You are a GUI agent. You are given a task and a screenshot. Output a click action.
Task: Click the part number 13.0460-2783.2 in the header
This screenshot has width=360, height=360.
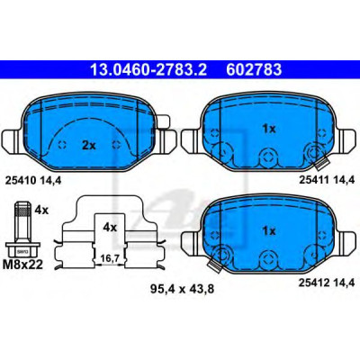point(148,69)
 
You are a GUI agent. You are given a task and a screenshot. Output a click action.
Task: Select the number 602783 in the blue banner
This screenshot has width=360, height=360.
point(254,69)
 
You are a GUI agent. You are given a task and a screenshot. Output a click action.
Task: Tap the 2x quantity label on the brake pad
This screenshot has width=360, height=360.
point(89,146)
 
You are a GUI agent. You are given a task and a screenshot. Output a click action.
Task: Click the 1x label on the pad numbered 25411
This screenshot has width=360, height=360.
point(268,129)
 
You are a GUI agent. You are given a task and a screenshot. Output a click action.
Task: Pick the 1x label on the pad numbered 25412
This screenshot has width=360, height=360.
point(268,231)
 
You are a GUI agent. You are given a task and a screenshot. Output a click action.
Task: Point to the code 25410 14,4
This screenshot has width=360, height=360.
point(33,180)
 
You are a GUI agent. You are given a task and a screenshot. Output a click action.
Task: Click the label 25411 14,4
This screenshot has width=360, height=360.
point(327,180)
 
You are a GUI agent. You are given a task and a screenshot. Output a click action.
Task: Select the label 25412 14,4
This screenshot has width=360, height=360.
point(327,282)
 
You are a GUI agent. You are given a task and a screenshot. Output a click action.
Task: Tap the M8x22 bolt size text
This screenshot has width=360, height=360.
point(22,265)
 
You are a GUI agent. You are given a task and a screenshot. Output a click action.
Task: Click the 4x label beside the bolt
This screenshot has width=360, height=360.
point(41,210)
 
